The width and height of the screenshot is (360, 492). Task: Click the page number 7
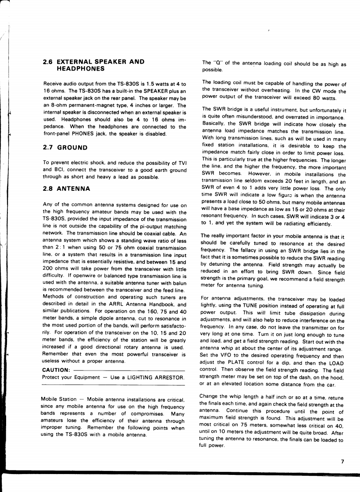click(x=342, y=460)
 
